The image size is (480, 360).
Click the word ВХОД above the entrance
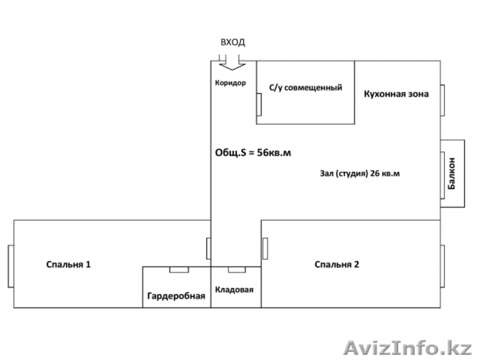click(233, 43)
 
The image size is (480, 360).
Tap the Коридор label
click(231, 83)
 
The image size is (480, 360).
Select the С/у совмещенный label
click(305, 88)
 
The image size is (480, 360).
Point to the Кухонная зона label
click(396, 93)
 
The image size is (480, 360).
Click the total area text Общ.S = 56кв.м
click(253, 152)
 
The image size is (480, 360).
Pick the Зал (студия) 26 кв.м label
click(360, 174)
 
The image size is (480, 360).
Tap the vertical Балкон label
click(452, 174)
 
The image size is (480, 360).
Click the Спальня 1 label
click(69, 264)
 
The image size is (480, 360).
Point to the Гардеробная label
click(176, 296)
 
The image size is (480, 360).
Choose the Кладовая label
click(235, 290)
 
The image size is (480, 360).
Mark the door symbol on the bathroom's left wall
click(259, 104)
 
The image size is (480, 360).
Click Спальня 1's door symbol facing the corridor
click(208, 247)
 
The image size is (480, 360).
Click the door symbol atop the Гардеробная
click(178, 269)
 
